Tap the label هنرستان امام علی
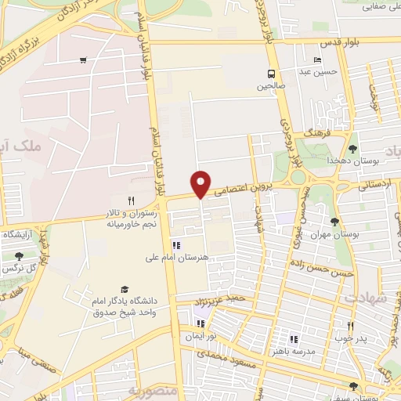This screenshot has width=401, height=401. click(175, 257)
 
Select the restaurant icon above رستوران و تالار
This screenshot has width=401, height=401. click(132, 200)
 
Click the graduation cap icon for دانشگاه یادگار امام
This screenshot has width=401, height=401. click(123, 289)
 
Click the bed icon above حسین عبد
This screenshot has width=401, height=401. click(316, 61)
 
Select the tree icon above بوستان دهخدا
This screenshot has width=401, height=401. click(352, 148)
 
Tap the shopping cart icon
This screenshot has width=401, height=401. click(83, 60)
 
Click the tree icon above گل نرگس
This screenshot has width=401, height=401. click(19, 255)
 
